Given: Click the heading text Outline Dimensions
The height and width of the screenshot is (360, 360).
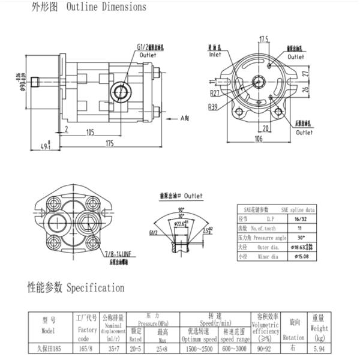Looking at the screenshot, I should [106, 7].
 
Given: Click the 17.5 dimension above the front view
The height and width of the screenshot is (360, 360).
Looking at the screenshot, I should [263, 40].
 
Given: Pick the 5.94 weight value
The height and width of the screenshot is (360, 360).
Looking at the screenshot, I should [317, 347].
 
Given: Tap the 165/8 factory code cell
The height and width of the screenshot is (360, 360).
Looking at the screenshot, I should [87, 347].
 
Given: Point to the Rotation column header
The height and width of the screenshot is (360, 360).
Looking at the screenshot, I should [293, 337].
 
